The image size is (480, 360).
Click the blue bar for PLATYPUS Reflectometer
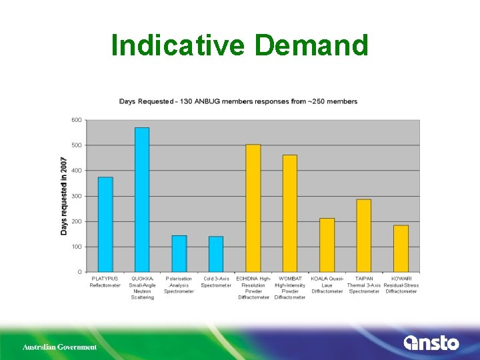click(x=105, y=224)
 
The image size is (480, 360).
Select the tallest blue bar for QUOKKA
click(x=142, y=199)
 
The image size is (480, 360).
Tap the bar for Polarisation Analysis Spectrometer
click(x=179, y=253)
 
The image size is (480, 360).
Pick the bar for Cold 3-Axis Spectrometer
click(x=216, y=254)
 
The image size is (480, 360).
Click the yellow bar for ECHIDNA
click(x=253, y=208)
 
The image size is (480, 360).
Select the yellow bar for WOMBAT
click(x=290, y=213)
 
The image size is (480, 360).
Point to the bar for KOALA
click(x=327, y=245)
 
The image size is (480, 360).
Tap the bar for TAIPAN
click(x=363, y=235)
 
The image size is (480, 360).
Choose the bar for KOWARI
click(x=401, y=248)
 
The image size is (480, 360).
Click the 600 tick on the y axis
click(x=77, y=120)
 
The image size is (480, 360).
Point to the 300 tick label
click(x=77, y=196)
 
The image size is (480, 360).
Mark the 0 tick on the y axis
click(x=80, y=272)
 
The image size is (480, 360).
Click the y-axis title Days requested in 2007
click(x=64, y=196)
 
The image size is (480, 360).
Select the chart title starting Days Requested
click(x=238, y=101)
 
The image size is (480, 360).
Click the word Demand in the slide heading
click(x=311, y=45)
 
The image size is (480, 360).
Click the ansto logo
click(x=431, y=343)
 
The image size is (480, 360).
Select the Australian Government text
click(x=59, y=347)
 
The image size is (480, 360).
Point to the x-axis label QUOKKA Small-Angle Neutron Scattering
click(x=142, y=287)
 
